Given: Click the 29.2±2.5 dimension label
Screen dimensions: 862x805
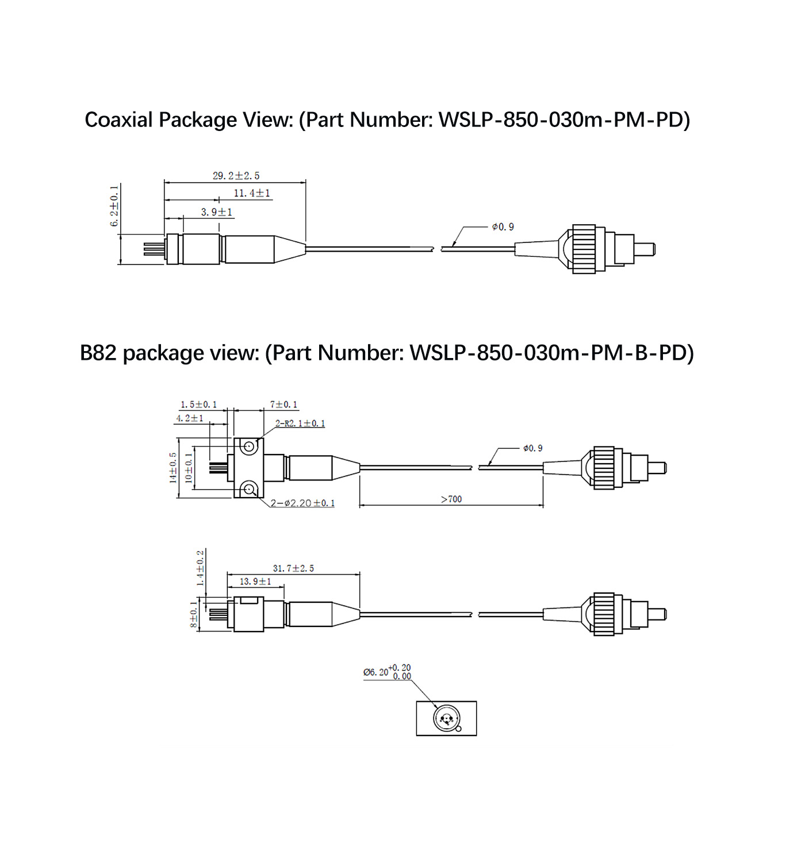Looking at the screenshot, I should tap(236, 175).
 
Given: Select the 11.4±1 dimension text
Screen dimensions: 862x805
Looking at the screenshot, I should tap(252, 194).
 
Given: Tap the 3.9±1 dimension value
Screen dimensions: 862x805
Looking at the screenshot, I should tap(217, 212).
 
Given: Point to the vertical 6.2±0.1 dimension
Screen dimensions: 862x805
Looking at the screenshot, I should tap(114, 206).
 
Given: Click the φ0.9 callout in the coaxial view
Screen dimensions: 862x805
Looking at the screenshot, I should tap(503, 227).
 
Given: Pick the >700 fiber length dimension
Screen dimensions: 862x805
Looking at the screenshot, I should tap(451, 499).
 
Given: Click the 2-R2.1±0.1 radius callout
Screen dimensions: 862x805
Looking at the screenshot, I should tap(300, 424).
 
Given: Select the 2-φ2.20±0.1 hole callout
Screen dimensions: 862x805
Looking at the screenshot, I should tap(303, 503).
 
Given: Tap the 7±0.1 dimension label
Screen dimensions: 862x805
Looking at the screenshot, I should tap(284, 405).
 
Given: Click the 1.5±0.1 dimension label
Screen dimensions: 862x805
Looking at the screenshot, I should tap(198, 405).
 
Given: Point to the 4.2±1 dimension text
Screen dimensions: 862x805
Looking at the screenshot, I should tap(190, 418).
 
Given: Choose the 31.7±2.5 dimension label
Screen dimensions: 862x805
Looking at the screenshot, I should tap(293, 568).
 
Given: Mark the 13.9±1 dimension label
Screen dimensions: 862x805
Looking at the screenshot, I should tap(255, 582).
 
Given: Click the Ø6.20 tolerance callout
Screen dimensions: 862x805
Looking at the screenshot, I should tap(387, 671).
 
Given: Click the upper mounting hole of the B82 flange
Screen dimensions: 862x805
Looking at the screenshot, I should tap(249, 447).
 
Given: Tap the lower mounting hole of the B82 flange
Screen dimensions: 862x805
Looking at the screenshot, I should tap(249, 490).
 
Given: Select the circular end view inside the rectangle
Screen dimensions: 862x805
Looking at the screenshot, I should tap(445, 718).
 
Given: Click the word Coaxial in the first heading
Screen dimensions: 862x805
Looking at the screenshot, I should tap(119, 120).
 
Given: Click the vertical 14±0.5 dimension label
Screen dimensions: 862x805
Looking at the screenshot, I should tap(173, 468).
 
